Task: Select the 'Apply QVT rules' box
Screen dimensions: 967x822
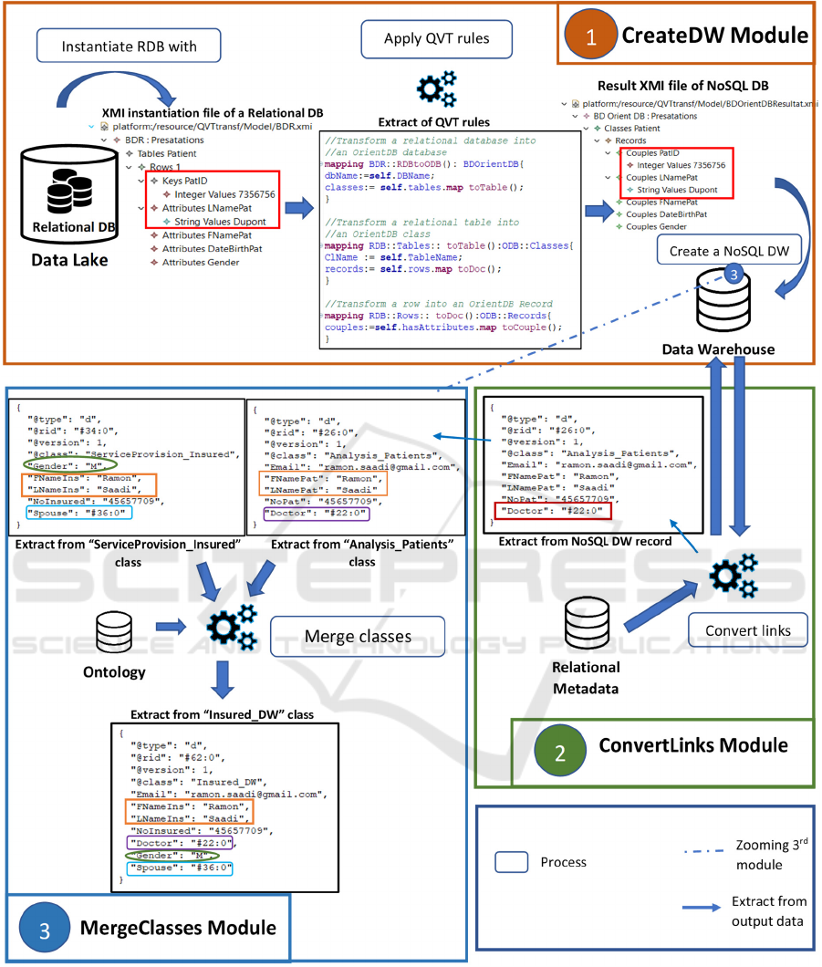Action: point(436,40)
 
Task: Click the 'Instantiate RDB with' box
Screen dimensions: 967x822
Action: point(129,46)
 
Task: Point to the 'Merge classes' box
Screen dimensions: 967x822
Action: point(358,635)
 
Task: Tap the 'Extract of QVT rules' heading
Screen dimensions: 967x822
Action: point(434,121)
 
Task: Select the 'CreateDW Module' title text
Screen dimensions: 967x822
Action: point(714,36)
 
